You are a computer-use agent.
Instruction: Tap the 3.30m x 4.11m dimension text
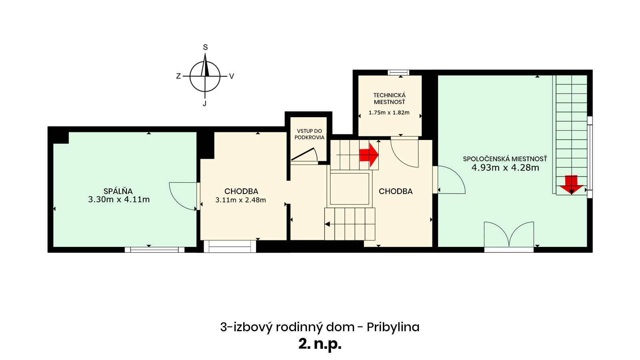click(119, 199)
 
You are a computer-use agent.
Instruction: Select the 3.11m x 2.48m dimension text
click(240, 200)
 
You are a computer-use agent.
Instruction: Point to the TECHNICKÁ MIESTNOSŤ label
click(390, 98)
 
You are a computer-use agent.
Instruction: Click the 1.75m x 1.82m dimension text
click(389, 112)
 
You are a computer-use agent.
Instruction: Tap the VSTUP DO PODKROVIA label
click(310, 134)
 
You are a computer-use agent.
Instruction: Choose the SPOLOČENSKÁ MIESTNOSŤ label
click(505, 159)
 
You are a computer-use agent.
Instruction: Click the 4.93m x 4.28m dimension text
click(505, 168)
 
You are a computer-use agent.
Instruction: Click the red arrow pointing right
click(369, 155)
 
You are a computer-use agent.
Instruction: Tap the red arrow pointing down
click(571, 184)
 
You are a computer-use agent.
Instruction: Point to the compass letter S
click(205, 47)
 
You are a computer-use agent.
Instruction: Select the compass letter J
click(204, 104)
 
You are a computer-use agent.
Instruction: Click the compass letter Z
click(178, 76)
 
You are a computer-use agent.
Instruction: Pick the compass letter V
click(232, 76)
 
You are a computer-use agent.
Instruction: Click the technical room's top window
click(398, 72)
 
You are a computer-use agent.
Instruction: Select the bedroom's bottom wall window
click(154, 250)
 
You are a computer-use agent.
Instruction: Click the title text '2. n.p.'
click(320, 344)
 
